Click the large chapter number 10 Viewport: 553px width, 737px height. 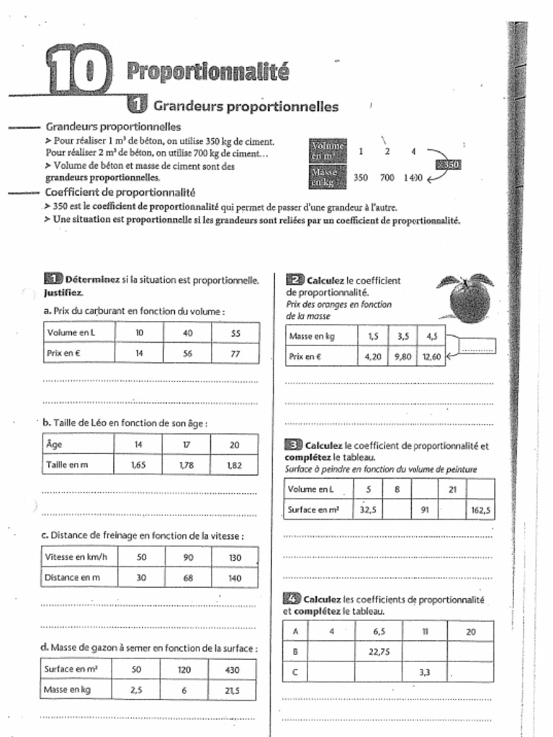[78, 69]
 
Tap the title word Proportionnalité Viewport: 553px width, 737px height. [207, 71]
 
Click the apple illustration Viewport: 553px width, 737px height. [468, 298]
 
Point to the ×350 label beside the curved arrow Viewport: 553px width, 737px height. [447, 165]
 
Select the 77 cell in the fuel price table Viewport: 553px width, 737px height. [235, 353]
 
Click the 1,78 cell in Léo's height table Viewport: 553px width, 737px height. [186, 465]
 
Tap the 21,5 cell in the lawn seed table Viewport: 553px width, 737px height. [232, 689]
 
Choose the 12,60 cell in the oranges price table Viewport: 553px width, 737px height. [431, 356]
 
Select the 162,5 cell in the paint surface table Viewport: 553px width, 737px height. [480, 510]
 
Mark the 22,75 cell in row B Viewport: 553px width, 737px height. [379, 651]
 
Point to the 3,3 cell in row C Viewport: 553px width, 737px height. [425, 672]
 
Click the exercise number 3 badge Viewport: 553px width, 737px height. [293, 445]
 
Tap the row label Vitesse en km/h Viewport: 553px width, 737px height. [76, 557]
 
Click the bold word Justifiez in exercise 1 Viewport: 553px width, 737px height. [63, 293]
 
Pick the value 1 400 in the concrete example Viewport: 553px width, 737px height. [413, 177]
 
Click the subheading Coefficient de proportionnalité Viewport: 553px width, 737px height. [120, 192]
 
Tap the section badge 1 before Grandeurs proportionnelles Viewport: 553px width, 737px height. [137, 106]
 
